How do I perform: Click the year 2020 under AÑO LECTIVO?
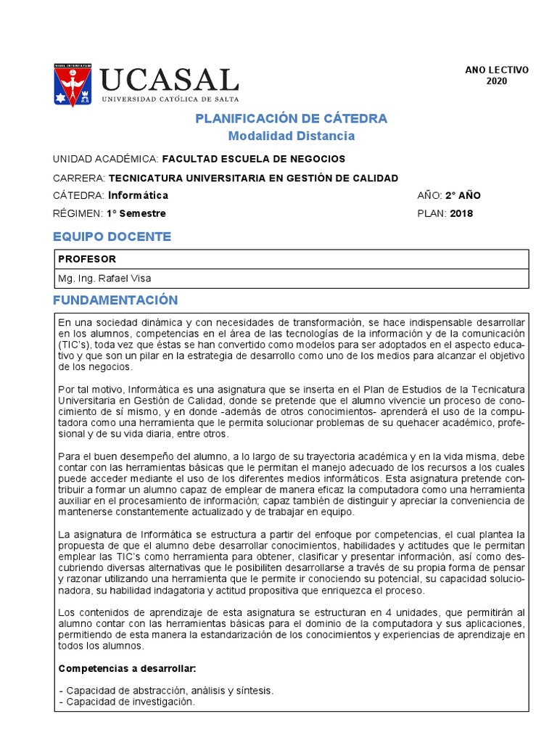pyautogui.click(x=497, y=81)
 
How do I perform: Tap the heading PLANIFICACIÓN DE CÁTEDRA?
pyautogui.click(x=291, y=119)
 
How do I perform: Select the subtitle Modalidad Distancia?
pyautogui.click(x=291, y=136)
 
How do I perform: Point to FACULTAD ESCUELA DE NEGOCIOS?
pyautogui.click(x=253, y=159)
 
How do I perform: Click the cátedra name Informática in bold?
pyautogui.click(x=138, y=195)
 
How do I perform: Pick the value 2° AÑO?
pyautogui.click(x=463, y=195)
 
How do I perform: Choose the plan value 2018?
pyautogui.click(x=461, y=213)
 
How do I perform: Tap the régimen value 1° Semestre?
pyautogui.click(x=136, y=213)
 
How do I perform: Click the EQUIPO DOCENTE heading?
pyautogui.click(x=112, y=237)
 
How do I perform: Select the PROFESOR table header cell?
pyautogui.click(x=87, y=259)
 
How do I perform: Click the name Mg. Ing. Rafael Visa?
pyautogui.click(x=105, y=278)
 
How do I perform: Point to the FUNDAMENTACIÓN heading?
pyautogui.click(x=115, y=300)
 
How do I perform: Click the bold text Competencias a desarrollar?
pyautogui.click(x=127, y=668)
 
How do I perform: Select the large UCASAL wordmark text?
pyautogui.click(x=169, y=80)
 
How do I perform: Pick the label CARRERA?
pyautogui.click(x=79, y=178)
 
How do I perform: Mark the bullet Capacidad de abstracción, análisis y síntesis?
pyautogui.click(x=165, y=691)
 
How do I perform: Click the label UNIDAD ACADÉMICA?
pyautogui.click(x=106, y=159)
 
